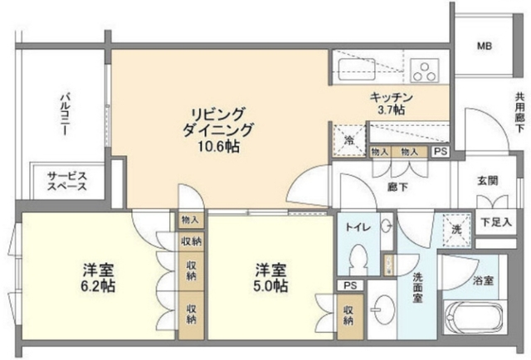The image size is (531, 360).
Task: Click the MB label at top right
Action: point(484,46)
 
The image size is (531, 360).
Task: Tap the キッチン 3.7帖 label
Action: point(387,103)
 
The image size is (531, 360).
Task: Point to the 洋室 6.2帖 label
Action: point(98,278)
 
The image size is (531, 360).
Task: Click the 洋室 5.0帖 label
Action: point(270,278)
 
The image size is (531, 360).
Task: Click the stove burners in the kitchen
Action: point(426,69)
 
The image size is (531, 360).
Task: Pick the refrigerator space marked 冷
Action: point(349,140)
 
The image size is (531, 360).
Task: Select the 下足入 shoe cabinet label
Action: point(495,221)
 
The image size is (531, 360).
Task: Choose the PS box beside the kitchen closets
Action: point(440,152)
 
